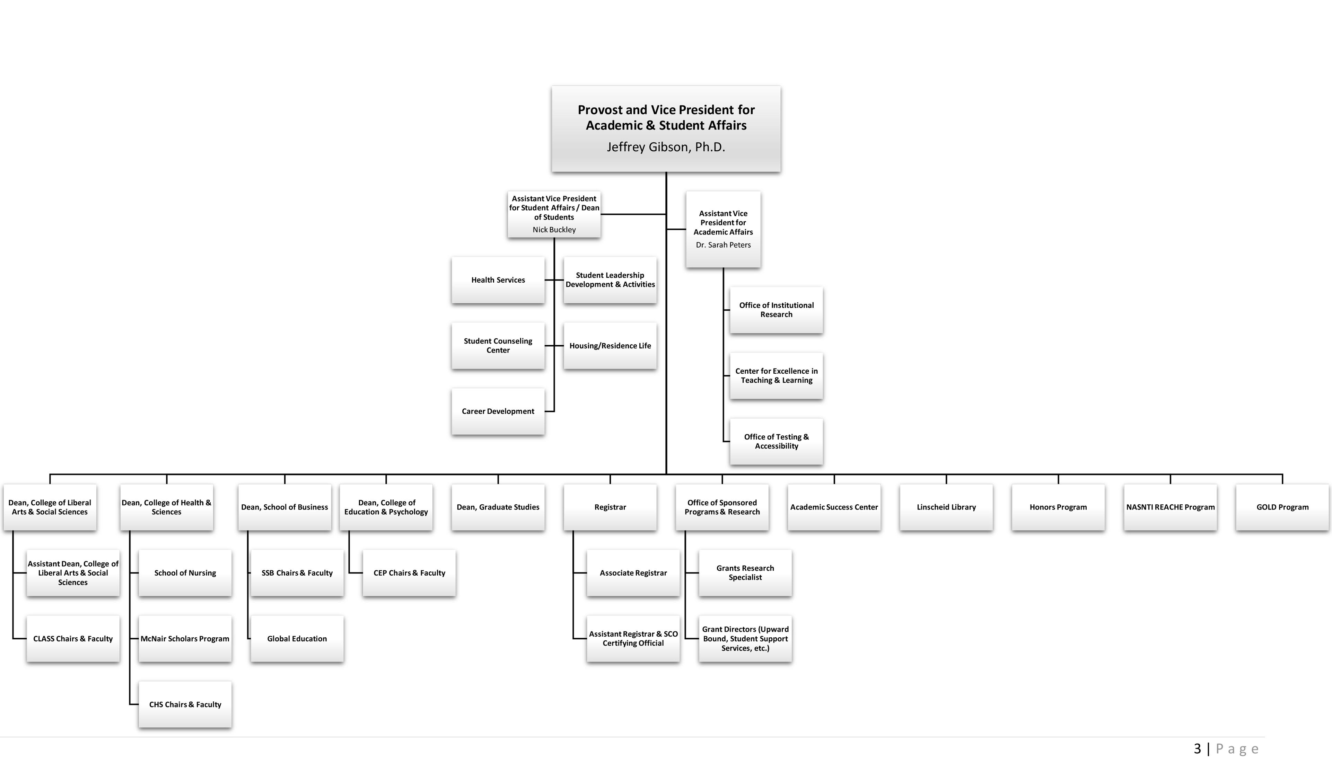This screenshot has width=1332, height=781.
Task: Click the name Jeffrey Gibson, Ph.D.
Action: [x=665, y=147]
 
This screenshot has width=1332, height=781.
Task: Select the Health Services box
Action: [x=498, y=280]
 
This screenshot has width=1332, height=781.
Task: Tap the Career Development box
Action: [x=498, y=411]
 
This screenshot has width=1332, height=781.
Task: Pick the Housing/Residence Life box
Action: [x=610, y=346]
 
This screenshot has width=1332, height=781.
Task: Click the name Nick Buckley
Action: [x=554, y=229]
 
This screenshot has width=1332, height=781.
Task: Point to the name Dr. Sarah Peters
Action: [x=723, y=245]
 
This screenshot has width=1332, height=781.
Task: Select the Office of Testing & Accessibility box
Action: [x=776, y=441]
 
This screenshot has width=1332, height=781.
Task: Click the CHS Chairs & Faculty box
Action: [x=185, y=704]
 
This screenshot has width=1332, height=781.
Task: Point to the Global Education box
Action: [x=297, y=638]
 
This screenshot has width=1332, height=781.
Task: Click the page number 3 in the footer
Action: [x=1197, y=749]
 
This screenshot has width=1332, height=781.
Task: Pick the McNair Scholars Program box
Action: [x=185, y=638]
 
